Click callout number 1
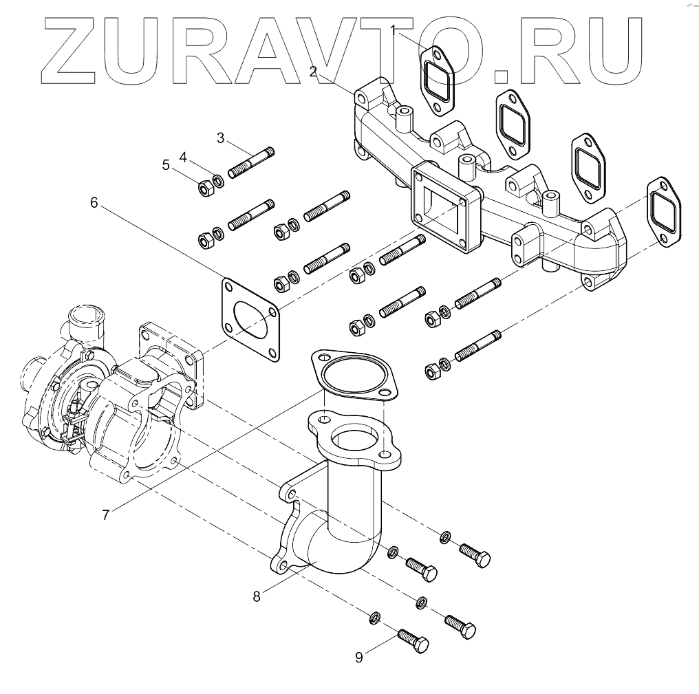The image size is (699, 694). pos(394,30)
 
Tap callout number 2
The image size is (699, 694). pos(313,71)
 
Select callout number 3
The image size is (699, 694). pos(220,138)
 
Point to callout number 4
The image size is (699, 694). pos(183,158)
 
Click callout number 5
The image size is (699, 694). pos(165,164)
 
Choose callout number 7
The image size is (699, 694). pos(106,514)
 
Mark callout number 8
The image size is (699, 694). pos(257,596)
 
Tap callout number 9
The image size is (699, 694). pos(358,658)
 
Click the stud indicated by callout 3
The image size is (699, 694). pos(251,162)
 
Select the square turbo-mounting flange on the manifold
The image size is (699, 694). pos(444,206)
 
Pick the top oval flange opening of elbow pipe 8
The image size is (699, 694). pos(354,438)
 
